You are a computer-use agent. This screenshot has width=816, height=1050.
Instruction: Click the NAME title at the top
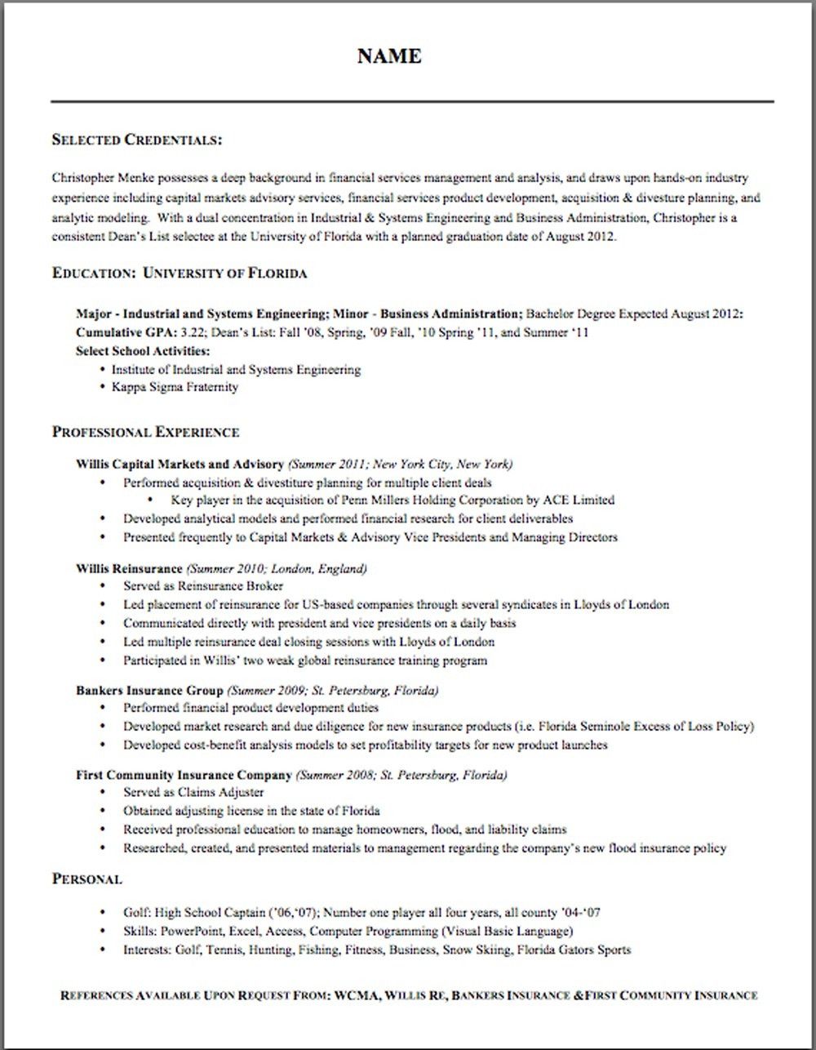tap(389, 56)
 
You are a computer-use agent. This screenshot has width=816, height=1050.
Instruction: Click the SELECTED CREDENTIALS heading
tap(136, 140)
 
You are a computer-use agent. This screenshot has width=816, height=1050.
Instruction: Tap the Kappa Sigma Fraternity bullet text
tap(175, 387)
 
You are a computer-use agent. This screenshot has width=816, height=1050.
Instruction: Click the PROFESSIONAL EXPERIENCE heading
tap(145, 432)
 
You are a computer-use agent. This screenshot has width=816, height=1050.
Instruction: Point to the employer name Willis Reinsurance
tap(129, 568)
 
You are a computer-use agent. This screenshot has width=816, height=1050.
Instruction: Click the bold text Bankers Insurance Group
tap(149, 690)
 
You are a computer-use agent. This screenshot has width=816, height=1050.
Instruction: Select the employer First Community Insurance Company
tap(184, 775)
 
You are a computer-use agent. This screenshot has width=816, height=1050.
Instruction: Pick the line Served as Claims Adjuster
tap(193, 792)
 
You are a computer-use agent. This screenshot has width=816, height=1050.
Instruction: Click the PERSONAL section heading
tap(86, 879)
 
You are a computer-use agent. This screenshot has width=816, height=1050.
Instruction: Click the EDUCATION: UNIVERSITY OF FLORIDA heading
tap(180, 274)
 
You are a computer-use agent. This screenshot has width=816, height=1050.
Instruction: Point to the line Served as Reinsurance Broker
tap(203, 586)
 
